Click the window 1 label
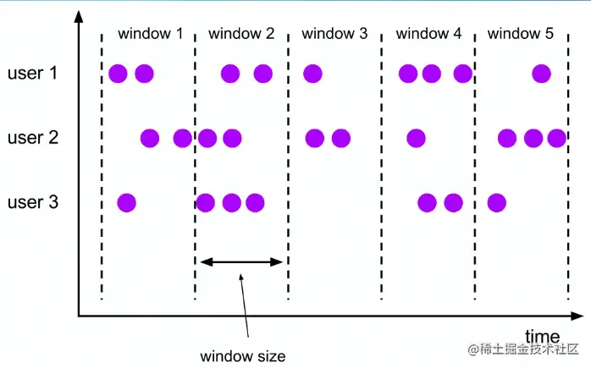coord(150,34)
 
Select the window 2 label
coord(241,34)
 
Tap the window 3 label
coord(334,34)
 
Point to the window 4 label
coord(428,34)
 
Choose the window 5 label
coord(521,34)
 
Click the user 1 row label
coord(33,74)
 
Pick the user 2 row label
coord(33,137)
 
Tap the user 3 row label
coord(33,202)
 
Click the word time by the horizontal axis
coord(542,336)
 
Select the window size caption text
coord(243,356)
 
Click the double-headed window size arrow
coord(241,262)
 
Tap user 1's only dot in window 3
coord(312,74)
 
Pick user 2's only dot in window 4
coord(416,137)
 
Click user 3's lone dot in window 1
coord(126,203)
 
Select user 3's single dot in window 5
coord(497,203)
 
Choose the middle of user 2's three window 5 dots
coord(533,137)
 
